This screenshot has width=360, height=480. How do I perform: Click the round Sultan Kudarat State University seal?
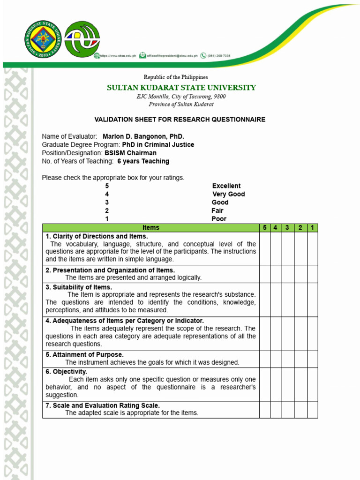[x=43, y=39]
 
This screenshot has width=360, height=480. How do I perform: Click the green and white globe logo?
[x=82, y=39]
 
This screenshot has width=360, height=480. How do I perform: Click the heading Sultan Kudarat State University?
[x=181, y=88]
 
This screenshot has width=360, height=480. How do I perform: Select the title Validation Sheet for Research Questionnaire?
[x=180, y=120]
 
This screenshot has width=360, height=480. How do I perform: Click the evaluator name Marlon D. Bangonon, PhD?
[x=143, y=136]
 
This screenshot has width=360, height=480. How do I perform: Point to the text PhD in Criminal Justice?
[x=158, y=145]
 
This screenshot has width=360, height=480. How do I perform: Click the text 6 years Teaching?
[x=143, y=161]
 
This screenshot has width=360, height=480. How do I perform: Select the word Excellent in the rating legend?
[x=226, y=186]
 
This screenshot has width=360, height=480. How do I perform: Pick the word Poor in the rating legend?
[x=219, y=219]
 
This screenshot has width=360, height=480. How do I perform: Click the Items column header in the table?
[x=151, y=228]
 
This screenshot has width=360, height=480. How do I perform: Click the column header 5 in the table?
[x=265, y=228]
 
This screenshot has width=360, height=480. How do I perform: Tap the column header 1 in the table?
[x=312, y=228]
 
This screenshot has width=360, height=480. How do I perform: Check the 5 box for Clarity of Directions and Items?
[x=265, y=249]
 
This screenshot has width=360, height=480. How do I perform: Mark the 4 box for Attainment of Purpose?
[x=276, y=359]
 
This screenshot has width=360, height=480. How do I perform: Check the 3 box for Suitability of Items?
[x=288, y=300]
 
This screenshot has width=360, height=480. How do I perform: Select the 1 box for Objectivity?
[x=312, y=384]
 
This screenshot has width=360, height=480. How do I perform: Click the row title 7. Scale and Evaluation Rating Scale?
[x=103, y=405]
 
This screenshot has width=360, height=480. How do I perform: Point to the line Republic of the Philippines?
[x=176, y=77]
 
